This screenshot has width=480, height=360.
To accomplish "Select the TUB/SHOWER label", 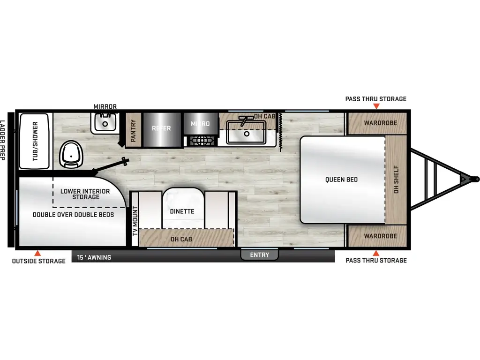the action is click(x=35, y=141).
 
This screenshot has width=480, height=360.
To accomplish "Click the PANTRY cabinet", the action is click(x=133, y=130).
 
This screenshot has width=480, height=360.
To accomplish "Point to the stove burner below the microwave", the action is click(x=201, y=141).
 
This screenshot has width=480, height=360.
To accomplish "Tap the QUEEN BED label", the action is click(x=341, y=180).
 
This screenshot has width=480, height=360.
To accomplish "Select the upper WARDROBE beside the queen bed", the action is click(x=377, y=123).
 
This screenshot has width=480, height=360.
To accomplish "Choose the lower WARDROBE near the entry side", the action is click(x=377, y=236).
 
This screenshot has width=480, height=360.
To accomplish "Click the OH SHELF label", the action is click(x=396, y=180).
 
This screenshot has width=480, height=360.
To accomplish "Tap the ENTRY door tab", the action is click(x=259, y=255).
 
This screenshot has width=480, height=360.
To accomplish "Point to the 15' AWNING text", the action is click(x=94, y=257).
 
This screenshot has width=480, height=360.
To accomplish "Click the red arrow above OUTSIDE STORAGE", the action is click(x=37, y=253).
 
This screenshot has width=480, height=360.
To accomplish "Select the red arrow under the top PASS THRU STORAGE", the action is click(x=376, y=106).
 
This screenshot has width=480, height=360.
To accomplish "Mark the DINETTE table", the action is click(x=183, y=208).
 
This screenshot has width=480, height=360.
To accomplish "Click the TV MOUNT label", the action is click(x=135, y=221).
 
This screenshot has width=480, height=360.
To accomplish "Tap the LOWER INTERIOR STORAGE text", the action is click(x=85, y=194).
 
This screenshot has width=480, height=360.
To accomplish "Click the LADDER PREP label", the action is click(x=3, y=140).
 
